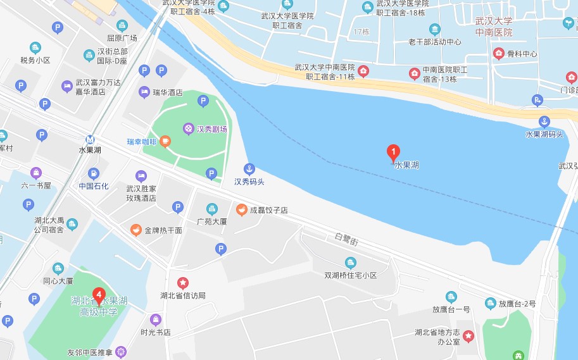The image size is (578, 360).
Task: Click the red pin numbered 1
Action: pos(393,152)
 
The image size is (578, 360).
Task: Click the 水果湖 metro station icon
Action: pos(91,140)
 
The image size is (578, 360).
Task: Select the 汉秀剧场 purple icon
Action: pos(189,128)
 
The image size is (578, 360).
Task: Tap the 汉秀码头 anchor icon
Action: pos(249,169)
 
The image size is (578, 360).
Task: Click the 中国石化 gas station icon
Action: pos(94,173)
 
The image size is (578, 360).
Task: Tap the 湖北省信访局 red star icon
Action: pos(182,283)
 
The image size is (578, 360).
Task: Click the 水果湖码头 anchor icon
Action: pos(544,121)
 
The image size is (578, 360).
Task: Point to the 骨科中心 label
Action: pos(522,54)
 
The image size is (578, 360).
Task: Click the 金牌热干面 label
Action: pos(163,230)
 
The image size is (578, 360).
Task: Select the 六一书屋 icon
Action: pos(36,173)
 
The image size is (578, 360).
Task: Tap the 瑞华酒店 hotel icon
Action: pos(144,92)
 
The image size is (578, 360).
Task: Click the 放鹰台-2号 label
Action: pos(517,304)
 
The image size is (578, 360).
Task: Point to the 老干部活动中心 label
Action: pos(434,42)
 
